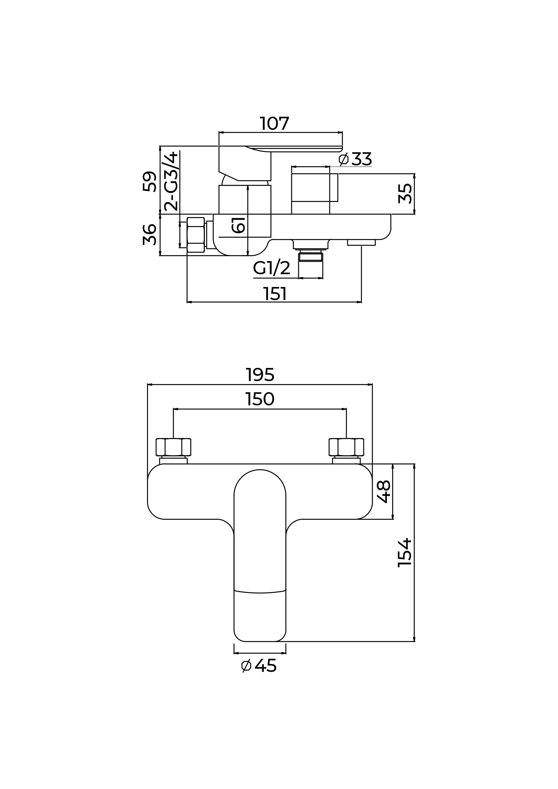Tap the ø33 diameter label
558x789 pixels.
coord(355,159)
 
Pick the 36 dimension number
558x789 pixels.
coord(150,235)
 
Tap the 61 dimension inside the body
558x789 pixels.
coord(238,225)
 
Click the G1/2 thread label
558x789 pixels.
coord(272,268)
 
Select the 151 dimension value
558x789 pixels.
coord(275,294)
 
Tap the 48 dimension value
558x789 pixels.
coord(384,491)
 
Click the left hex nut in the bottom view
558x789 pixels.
coord(173,447)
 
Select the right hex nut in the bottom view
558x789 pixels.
coord(346,447)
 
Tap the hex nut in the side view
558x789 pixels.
coord(195,235)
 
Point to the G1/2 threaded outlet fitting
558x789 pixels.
coord(311,256)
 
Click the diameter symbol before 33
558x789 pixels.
coord(344,159)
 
